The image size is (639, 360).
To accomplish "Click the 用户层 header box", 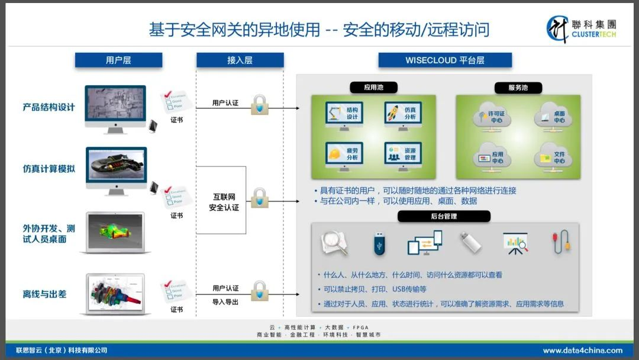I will pos(118,60).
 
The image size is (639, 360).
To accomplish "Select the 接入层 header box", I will pos(240,60).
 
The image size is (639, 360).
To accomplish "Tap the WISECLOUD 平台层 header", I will pos(445,60).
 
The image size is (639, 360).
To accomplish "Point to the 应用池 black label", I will pos(373,88).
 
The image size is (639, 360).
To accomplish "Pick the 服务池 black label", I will pos(518,88).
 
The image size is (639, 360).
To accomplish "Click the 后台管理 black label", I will pos(444,217).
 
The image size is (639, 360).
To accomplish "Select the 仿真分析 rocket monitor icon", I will pos(403,114).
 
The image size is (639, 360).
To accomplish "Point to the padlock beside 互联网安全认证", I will pos(259,198).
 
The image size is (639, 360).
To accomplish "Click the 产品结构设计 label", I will pos(49,107).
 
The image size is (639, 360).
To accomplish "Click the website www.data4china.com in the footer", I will pos(582,350).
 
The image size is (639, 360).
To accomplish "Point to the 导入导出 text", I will pos(225,301).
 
